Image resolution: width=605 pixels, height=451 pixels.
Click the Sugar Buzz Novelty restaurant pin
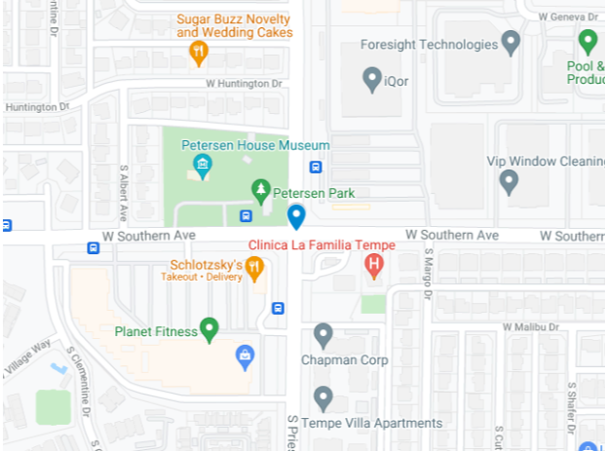click(x=199, y=52)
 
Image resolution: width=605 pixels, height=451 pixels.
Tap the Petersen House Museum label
click(x=256, y=145)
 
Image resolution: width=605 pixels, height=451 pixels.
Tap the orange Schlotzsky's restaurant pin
click(x=254, y=268)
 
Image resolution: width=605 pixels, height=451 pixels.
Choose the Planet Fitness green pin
click(x=208, y=330)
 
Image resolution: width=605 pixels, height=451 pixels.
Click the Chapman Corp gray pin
click(x=324, y=335)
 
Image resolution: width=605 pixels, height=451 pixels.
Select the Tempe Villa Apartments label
click(x=372, y=423)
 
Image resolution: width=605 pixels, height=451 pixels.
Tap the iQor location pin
click(x=372, y=79)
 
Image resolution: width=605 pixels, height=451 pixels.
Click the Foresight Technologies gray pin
click(x=511, y=42)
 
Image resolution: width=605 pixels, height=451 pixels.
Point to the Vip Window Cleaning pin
click(x=508, y=181)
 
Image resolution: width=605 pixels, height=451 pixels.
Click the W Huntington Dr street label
click(x=244, y=84)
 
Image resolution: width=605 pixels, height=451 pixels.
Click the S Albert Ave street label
click(x=124, y=191)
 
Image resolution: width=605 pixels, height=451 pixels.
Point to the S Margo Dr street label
click(x=427, y=270)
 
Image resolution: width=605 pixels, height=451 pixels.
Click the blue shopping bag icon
click(x=245, y=356)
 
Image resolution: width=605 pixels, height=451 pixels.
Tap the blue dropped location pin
click(x=296, y=216)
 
